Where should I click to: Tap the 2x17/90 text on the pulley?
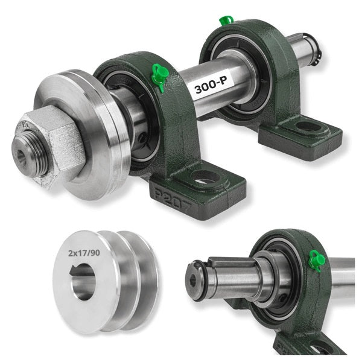coord(84,253)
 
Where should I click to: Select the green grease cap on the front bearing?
coord(160,75)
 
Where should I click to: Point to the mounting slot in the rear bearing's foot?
coord(308,126)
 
